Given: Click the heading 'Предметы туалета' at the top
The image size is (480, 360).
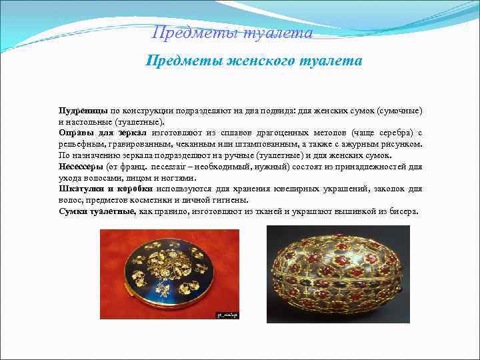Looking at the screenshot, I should coord(232,33).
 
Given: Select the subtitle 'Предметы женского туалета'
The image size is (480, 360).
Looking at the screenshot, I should coord(254,61).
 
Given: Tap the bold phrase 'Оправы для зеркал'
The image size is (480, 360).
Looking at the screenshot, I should coord(98,132).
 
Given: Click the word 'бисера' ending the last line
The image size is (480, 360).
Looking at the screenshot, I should coord(405,211).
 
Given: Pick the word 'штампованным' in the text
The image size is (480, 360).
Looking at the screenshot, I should coord(264,143).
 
